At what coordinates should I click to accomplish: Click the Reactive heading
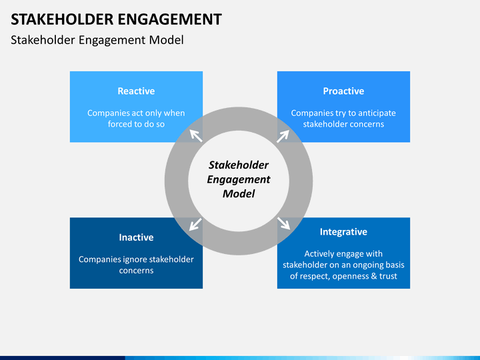[136, 91]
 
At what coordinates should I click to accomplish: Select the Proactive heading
[343, 91]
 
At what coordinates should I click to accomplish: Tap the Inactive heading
[136, 237]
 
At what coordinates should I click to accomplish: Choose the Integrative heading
[343, 232]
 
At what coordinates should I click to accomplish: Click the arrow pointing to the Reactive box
[196, 135]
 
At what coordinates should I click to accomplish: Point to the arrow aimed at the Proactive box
[283, 136]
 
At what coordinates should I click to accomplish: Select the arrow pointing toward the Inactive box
[195, 225]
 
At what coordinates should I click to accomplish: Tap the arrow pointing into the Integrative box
[284, 223]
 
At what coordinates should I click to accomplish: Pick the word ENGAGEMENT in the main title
[169, 19]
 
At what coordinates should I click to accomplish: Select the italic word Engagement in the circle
[239, 180]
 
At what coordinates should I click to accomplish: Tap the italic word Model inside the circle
[239, 194]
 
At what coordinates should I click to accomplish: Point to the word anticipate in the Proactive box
[377, 113]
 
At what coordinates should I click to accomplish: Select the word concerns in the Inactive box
[136, 271]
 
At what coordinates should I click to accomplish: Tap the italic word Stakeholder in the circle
[239, 165]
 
